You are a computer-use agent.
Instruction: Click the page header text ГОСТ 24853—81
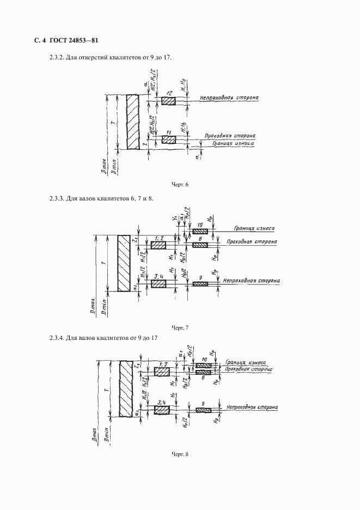click(x=73, y=40)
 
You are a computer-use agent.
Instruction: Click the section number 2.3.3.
click(x=57, y=198)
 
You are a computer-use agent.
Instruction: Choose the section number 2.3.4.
click(x=57, y=338)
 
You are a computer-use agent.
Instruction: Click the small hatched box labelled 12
click(x=169, y=101)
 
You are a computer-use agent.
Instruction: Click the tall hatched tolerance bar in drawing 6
click(x=132, y=122)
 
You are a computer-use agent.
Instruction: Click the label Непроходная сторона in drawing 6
click(x=229, y=98)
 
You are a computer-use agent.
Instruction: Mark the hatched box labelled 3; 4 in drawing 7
click(x=158, y=284)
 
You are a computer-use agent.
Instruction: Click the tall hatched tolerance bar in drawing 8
click(x=126, y=388)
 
